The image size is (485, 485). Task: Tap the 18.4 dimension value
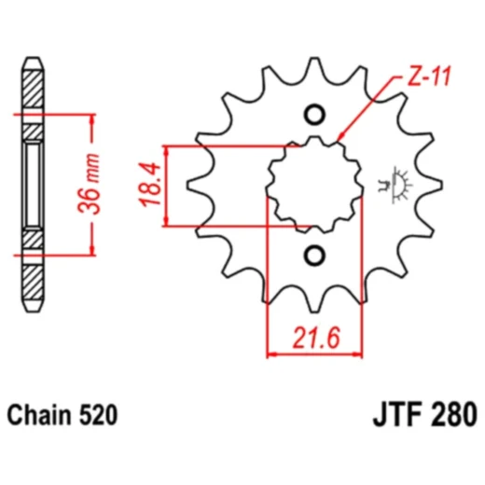pyautogui.click(x=148, y=185)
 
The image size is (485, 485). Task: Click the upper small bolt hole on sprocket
pyautogui.click(x=313, y=115)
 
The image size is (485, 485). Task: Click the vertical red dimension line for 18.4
pyautogui.click(x=166, y=185)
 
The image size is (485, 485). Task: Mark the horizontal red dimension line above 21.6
pyautogui.click(x=314, y=353)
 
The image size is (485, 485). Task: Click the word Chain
pyautogui.click(x=38, y=412)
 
